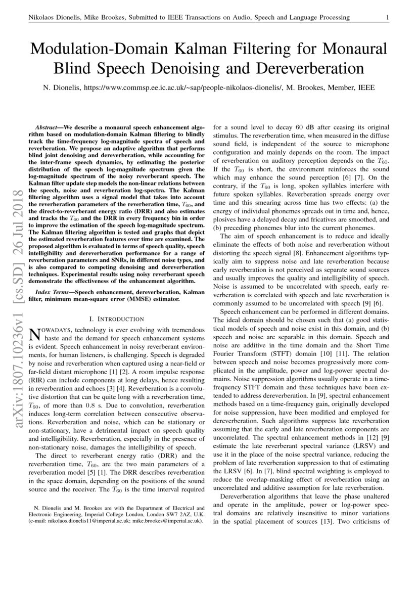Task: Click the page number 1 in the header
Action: [x=387, y=18]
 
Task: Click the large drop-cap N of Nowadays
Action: [x=34, y=334]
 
